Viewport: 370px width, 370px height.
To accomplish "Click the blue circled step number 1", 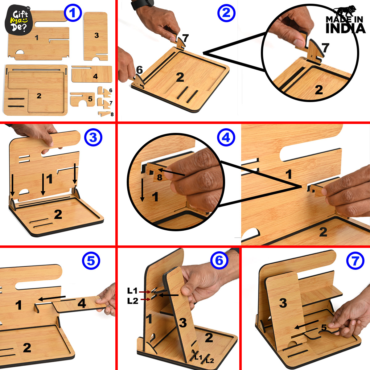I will click(x=72, y=13).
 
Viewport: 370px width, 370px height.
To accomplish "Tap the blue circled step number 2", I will click(x=226, y=13).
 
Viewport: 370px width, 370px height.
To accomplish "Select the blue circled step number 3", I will click(x=93, y=138).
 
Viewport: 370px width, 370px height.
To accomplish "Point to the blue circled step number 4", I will click(x=226, y=138).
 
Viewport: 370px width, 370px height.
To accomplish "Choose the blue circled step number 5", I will click(x=91, y=261).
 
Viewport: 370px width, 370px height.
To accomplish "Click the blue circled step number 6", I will click(x=219, y=261).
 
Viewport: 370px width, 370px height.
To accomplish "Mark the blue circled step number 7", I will click(x=355, y=261).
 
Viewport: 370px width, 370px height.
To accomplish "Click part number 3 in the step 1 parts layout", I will click(x=96, y=36).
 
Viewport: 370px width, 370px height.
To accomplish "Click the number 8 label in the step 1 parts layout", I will click(x=112, y=114).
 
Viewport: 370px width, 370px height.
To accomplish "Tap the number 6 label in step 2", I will click(x=139, y=70).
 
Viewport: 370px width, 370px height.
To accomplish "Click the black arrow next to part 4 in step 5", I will click(x=51, y=298).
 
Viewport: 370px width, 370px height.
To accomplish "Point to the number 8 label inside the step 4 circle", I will click(x=159, y=177).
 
